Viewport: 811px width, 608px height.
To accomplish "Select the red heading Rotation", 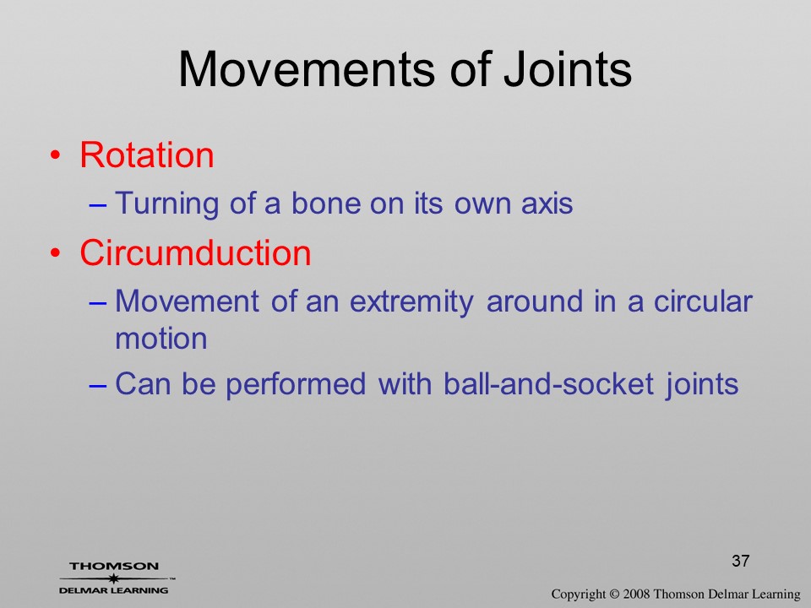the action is [147, 155].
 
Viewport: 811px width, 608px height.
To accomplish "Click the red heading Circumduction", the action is [195, 252].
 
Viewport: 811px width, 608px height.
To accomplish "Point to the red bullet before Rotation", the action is [56, 155].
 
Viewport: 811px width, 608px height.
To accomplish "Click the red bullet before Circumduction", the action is [56, 253].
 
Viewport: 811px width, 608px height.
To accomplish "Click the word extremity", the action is [411, 301].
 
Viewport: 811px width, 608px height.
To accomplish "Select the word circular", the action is [703, 301].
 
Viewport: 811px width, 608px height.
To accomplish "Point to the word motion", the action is [161, 339].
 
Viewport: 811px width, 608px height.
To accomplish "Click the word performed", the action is [296, 385].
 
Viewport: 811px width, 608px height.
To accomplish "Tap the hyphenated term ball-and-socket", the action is [549, 384].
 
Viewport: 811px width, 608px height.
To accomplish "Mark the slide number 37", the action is [741, 561].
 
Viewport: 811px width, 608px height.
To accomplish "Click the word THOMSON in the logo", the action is [114, 566].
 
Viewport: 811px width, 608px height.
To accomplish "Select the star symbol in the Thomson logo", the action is [113, 578].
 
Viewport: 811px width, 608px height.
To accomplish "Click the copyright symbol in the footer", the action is [614, 594].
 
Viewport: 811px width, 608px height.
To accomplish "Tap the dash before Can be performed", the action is [98, 385].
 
